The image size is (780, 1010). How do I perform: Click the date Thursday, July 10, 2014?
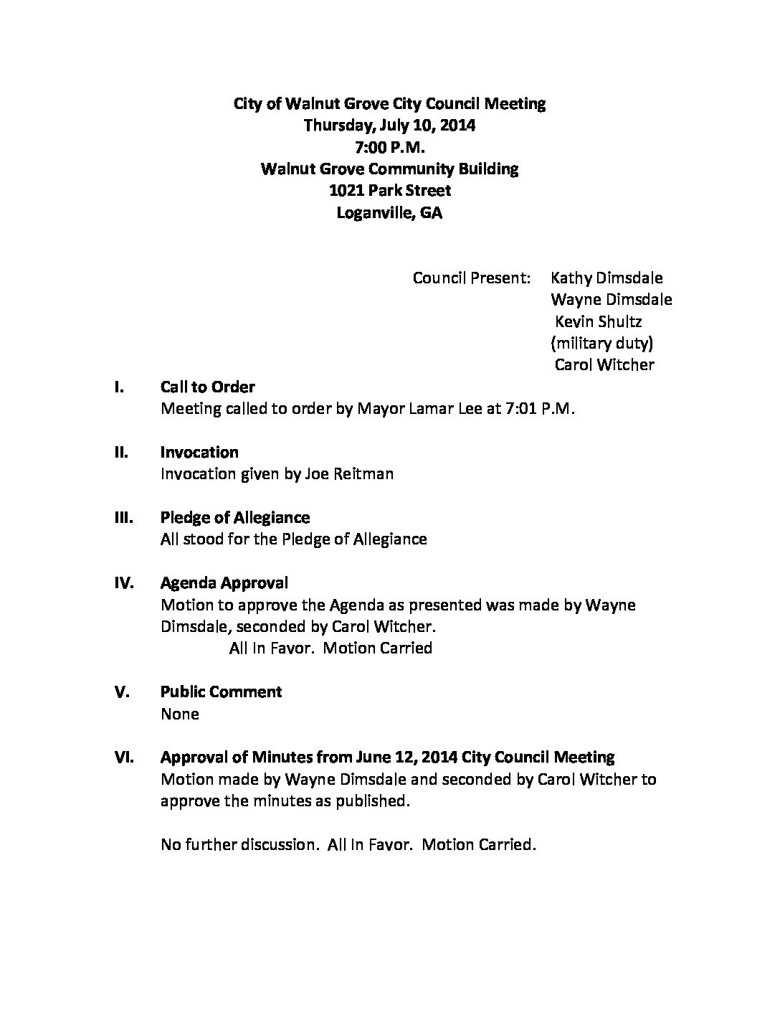pos(389,126)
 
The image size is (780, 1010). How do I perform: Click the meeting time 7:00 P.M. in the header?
pos(389,148)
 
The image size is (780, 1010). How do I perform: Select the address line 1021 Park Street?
pos(389,191)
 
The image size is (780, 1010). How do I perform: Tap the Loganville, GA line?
pos(389,213)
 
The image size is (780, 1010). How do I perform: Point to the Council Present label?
pos(471,278)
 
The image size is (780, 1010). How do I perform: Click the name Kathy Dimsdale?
pos(607,278)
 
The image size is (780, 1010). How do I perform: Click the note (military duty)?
pos(601,343)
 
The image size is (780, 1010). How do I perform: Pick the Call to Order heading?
pos(208,387)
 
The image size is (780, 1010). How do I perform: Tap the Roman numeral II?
pos(122,453)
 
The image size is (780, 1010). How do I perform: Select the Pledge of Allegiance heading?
pos(235,518)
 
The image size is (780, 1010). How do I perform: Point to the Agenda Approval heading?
pos(224,583)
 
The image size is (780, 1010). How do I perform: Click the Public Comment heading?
pos(221,692)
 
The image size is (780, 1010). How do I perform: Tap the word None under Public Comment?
pos(180,714)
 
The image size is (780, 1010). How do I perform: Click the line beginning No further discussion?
pos(348,845)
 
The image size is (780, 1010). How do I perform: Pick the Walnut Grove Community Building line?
pos(389,169)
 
